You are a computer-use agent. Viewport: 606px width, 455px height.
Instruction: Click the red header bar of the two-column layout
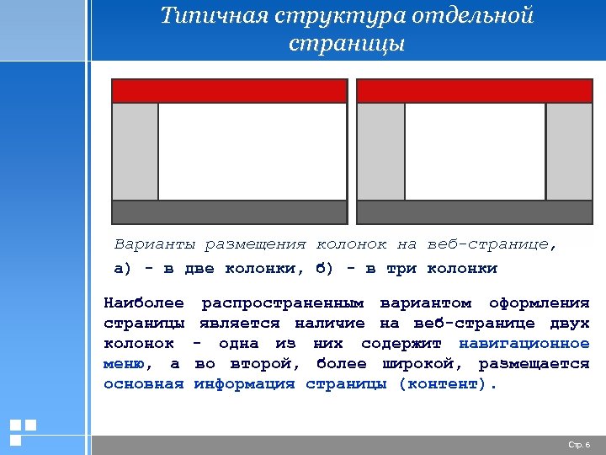tap(229, 91)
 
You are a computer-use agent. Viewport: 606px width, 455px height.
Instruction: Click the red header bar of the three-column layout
tap(475, 91)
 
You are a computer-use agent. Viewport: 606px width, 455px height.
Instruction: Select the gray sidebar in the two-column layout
tap(136, 152)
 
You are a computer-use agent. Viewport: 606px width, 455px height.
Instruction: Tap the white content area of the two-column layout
tap(252, 152)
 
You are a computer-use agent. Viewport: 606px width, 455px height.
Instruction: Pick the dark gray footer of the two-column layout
tap(229, 211)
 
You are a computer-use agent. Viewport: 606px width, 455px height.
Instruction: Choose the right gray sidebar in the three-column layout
tap(569, 152)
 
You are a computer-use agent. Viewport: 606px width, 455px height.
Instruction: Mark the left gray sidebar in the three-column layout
tap(381, 152)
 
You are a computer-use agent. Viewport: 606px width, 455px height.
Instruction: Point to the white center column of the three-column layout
tap(475, 152)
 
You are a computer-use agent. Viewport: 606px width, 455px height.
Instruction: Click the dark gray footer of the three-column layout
tap(475, 211)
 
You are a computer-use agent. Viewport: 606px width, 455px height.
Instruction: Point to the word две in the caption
tap(199, 269)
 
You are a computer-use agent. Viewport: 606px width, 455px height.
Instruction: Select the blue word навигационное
tap(524, 344)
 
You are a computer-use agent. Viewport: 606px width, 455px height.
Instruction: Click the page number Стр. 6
tap(580, 444)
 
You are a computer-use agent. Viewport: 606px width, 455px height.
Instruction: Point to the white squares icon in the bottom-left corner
tap(22, 431)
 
